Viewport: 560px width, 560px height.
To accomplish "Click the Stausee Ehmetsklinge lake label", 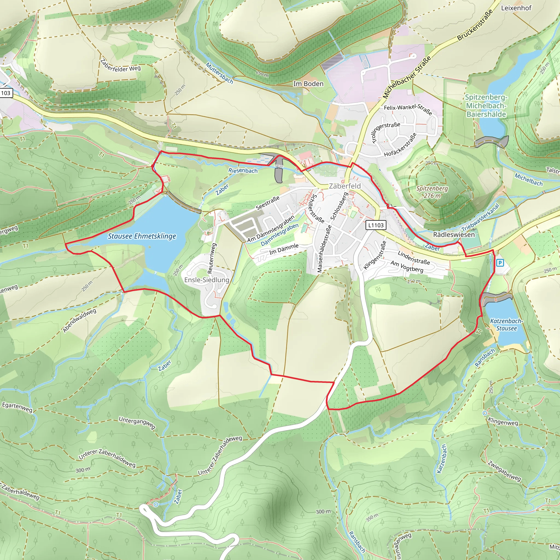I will (x=142, y=236).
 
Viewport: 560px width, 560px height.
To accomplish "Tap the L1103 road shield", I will (x=376, y=225).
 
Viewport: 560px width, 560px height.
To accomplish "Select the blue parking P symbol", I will (x=500, y=263).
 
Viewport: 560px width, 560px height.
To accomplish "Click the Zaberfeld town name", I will (x=345, y=186).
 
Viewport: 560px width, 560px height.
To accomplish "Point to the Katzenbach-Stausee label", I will (x=506, y=325).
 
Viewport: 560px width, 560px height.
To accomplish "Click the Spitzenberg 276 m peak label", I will (x=432, y=192).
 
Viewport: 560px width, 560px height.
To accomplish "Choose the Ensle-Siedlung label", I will (x=207, y=280).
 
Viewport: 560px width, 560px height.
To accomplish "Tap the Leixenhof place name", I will (x=516, y=8).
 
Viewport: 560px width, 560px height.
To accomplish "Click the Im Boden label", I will (x=308, y=84).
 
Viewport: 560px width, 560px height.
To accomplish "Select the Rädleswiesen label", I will (x=454, y=235).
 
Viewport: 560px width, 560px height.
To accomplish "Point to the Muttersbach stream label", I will (x=219, y=73).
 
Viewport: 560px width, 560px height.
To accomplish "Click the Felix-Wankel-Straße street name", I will (x=408, y=109).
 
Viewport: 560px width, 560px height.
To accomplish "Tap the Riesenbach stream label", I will (x=243, y=170).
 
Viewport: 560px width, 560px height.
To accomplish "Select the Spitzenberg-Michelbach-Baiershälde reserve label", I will (x=486, y=106).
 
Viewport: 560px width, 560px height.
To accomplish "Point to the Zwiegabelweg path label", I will (x=504, y=471).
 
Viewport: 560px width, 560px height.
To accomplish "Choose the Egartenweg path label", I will (x=17, y=407).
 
